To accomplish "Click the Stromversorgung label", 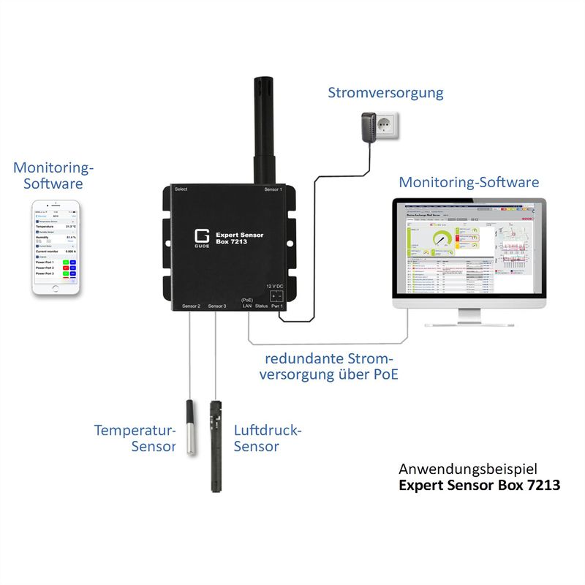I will coord(385,93).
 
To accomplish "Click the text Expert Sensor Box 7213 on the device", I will coord(240,238).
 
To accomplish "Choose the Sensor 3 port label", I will coord(217,306).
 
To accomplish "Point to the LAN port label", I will coord(247,306).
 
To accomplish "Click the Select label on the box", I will coord(181,190).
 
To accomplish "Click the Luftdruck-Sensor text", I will coord(267,437).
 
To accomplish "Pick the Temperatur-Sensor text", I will coord(135,437).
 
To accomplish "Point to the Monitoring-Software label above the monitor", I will coord(469,182).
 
